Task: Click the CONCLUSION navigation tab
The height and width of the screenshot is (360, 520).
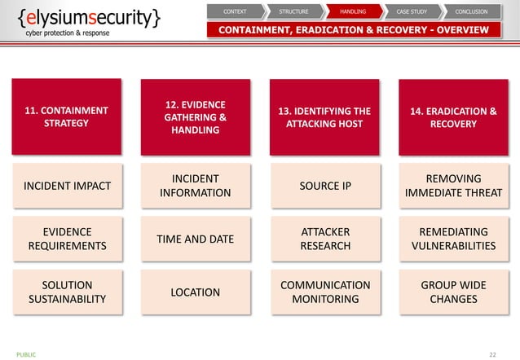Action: (x=470, y=11)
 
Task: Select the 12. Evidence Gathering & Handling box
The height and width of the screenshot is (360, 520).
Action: (x=196, y=117)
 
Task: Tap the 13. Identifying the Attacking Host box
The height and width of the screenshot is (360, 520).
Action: (x=324, y=117)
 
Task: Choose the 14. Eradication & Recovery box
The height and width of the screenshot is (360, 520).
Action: (x=453, y=117)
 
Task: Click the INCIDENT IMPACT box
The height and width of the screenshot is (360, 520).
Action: (x=67, y=186)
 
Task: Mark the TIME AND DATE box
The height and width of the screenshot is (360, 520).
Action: (x=196, y=239)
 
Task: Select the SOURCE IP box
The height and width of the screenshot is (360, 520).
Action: (x=324, y=186)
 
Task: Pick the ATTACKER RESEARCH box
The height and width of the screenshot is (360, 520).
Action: (x=324, y=239)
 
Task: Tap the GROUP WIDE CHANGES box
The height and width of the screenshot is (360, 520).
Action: (x=453, y=292)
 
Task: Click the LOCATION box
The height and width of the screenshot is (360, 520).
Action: (x=196, y=292)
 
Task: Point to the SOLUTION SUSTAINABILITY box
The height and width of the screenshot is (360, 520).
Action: (x=67, y=292)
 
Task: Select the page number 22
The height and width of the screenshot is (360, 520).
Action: (x=492, y=354)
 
